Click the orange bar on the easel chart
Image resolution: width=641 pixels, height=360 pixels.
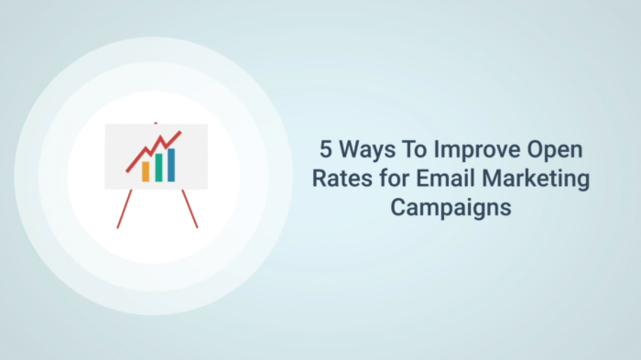pos(145,171)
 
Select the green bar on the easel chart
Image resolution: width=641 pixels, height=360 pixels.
pos(158,167)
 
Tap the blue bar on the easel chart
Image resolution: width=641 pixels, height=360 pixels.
pos(170,163)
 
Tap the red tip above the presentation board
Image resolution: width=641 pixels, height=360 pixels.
pos(156,123)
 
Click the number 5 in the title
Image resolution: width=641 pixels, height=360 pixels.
pos(325,148)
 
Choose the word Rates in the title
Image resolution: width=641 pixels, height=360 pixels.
pos(337,178)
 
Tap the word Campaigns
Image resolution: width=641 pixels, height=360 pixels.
pos(450,207)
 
